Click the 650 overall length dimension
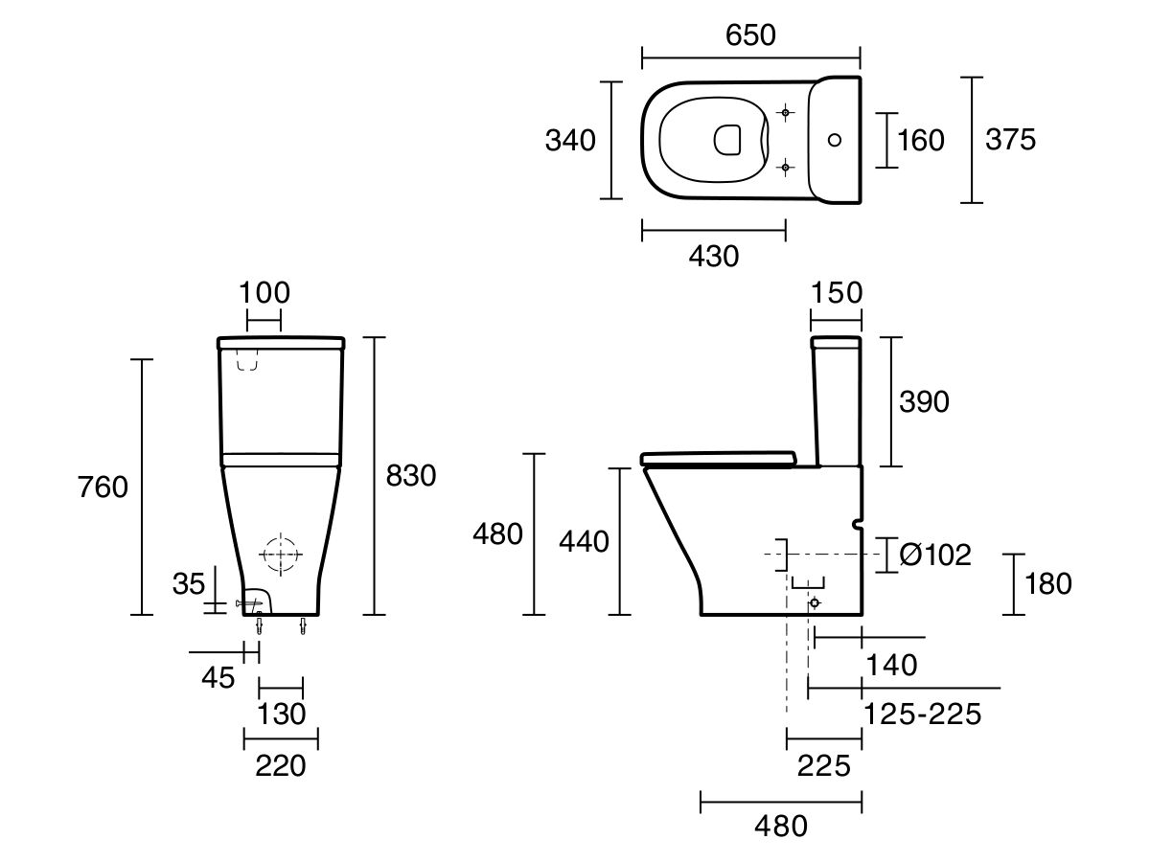pyautogui.click(x=750, y=34)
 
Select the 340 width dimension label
pyautogui.click(x=570, y=141)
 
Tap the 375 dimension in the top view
pyautogui.click(x=1011, y=140)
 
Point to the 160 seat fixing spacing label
pyautogui.click(x=920, y=141)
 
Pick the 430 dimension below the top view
pyautogui.click(x=714, y=256)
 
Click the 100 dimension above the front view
pyautogui.click(x=264, y=292)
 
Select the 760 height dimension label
pyautogui.click(x=103, y=488)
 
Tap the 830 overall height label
pyautogui.click(x=410, y=476)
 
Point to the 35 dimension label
pyautogui.click(x=190, y=582)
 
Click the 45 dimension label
pyautogui.click(x=218, y=677)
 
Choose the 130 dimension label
pyautogui.click(x=282, y=714)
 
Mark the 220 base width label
pyautogui.click(x=281, y=765)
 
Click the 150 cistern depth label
pyautogui.click(x=837, y=292)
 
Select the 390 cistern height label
pyautogui.click(x=924, y=401)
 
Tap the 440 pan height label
pyautogui.click(x=584, y=542)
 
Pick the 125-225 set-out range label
pyautogui.click(x=922, y=714)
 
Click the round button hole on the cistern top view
pyautogui.click(x=834, y=140)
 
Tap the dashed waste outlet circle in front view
pyautogui.click(x=280, y=555)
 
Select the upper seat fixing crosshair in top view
pyautogui.click(x=786, y=113)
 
